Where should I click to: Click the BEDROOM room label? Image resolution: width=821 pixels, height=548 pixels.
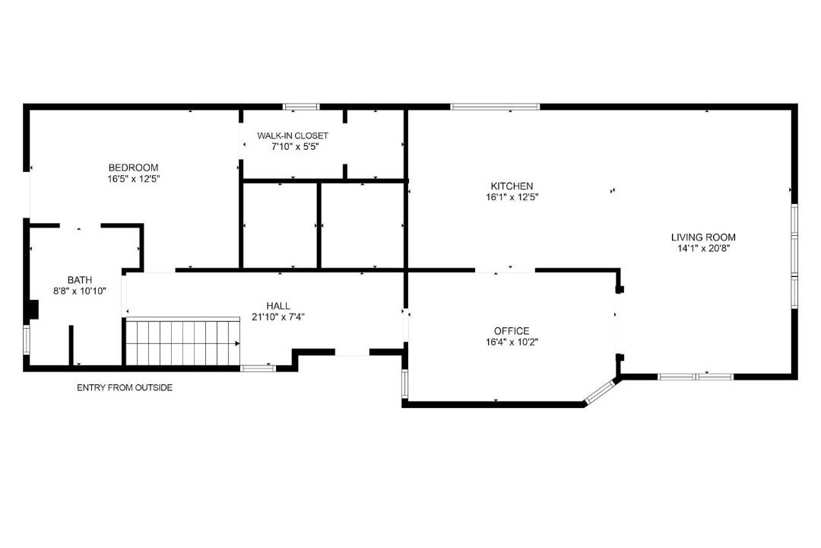[133, 167]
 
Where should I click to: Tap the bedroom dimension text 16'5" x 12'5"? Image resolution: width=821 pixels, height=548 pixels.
[133, 179]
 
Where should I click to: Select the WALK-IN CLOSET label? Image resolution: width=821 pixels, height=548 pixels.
[293, 135]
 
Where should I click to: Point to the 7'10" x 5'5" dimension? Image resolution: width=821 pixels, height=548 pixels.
[295, 147]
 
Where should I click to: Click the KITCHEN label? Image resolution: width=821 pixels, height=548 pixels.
[512, 186]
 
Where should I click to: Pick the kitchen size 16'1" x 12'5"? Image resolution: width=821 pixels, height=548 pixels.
[512, 197]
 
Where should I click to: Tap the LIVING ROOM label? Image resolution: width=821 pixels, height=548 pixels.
[703, 237]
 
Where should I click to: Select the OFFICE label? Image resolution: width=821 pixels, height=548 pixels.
[512, 331]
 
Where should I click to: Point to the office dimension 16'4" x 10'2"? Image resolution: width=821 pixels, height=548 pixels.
[512, 342]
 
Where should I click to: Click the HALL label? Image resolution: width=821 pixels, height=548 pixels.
[278, 306]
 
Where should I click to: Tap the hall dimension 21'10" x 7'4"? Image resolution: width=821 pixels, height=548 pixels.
[278, 317]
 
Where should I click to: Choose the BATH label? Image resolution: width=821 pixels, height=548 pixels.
[80, 280]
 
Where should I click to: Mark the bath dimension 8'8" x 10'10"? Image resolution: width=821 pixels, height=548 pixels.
[80, 291]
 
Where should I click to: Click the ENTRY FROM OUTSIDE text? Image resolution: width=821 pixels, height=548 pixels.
[125, 388]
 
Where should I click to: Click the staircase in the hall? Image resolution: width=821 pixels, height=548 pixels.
[182, 342]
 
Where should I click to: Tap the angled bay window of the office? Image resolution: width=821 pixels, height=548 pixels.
[600, 392]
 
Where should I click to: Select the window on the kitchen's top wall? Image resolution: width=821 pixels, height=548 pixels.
[495, 107]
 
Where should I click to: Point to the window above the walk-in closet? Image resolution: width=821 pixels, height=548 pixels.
[301, 107]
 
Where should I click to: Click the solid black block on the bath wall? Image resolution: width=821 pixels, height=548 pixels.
[33, 310]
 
